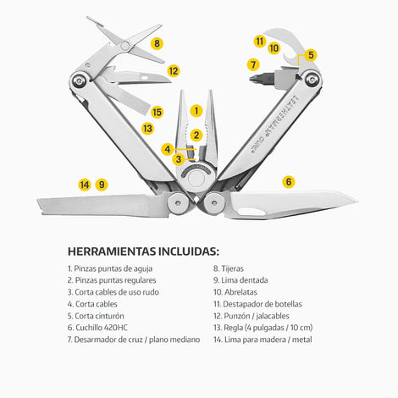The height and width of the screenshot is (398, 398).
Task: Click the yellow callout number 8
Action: click(157, 43)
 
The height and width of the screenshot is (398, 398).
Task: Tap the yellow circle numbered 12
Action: click(174, 71)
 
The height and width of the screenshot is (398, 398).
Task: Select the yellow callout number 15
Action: click(157, 112)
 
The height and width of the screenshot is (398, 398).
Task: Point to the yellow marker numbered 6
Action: click(289, 181)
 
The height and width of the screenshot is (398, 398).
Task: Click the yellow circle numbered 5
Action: click(311, 55)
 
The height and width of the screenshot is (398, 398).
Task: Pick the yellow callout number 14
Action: click(85, 185)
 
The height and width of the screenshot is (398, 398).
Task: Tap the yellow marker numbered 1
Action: click(196, 111)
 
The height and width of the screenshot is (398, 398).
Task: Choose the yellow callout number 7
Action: click(253, 64)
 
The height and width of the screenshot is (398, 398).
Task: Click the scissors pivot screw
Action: click(125, 46)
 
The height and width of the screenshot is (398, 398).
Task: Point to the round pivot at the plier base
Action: click(196, 179)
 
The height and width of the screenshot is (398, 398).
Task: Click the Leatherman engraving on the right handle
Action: click(275, 122)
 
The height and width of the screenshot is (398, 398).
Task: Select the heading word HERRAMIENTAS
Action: click(112, 252)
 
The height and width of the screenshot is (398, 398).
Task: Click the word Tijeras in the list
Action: click(232, 268)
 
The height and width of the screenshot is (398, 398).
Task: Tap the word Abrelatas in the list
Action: click(240, 292)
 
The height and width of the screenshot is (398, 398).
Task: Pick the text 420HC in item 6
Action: click(116, 328)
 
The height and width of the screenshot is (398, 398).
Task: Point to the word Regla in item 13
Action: click(233, 328)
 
